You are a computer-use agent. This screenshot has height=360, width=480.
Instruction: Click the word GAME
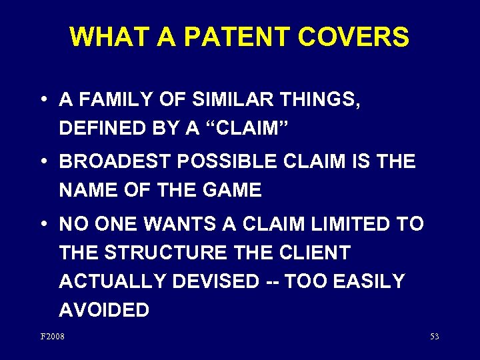(230, 190)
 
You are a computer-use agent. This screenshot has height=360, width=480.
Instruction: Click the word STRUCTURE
(159, 253)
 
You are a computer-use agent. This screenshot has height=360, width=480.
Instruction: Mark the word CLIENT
(313, 253)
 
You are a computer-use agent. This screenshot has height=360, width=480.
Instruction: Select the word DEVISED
(215, 281)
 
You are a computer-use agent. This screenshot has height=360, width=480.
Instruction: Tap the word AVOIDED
(104, 310)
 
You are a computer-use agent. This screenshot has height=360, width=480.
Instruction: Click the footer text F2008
(53, 337)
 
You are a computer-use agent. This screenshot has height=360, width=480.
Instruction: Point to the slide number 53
(435, 337)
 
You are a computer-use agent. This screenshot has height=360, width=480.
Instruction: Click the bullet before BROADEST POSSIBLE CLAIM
(43, 162)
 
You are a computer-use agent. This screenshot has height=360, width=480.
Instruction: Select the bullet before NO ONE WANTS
(43, 224)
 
